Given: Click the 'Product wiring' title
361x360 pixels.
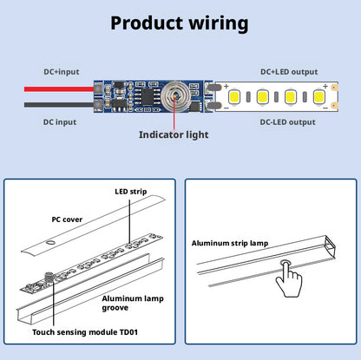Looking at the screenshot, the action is [x=180, y=23].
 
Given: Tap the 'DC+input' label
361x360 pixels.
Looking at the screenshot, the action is [x=62, y=72].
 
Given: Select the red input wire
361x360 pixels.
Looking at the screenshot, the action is [x=59, y=89].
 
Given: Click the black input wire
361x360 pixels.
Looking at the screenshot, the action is [x=59, y=105].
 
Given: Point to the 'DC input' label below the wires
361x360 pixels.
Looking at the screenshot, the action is [x=60, y=122].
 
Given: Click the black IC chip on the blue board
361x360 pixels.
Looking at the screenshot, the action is [x=148, y=96].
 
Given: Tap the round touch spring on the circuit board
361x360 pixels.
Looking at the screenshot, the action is [x=175, y=96].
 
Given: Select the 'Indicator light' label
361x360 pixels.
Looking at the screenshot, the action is [x=174, y=134].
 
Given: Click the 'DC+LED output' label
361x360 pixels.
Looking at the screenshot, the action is [x=289, y=72].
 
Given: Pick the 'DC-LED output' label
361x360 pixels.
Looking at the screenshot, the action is [x=287, y=122].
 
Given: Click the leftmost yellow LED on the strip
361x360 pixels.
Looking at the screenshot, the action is [x=234, y=96].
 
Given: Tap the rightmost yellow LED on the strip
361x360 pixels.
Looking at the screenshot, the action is [x=318, y=96].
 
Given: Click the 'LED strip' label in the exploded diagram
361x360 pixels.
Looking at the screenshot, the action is [x=131, y=192].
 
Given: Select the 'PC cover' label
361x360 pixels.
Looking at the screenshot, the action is [x=67, y=219].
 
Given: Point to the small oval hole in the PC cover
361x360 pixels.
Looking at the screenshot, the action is [x=50, y=242].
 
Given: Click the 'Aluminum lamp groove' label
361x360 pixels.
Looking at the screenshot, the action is [x=133, y=303].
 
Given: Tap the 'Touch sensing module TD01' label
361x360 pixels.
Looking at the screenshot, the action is [x=85, y=332].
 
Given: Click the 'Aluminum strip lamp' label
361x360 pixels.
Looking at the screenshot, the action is [x=230, y=243].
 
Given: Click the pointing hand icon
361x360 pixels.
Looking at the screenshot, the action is [x=288, y=279].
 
